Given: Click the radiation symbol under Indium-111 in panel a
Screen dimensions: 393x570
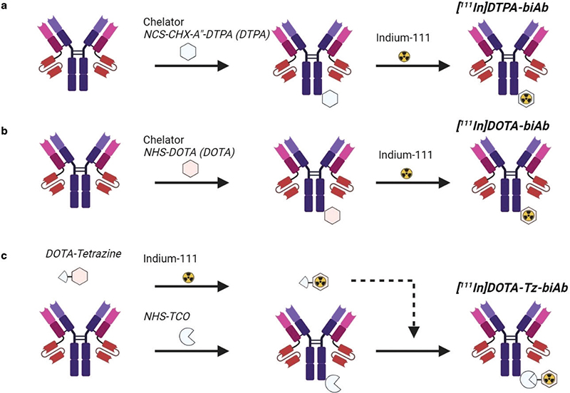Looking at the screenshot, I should tap(404, 54).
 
